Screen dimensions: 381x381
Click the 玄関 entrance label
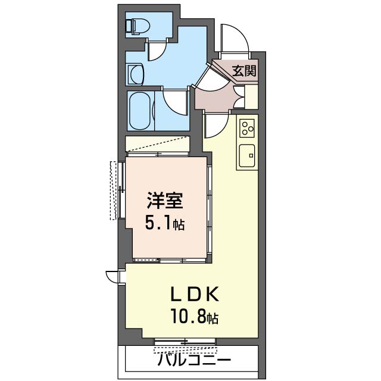(x=244, y=72)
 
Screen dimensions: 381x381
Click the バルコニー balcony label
(x=194, y=360)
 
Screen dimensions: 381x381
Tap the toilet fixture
(x=137, y=26)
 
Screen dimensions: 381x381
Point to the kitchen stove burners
(x=247, y=127)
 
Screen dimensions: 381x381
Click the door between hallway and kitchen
(x=216, y=125)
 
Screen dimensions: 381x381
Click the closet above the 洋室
(x=158, y=145)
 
